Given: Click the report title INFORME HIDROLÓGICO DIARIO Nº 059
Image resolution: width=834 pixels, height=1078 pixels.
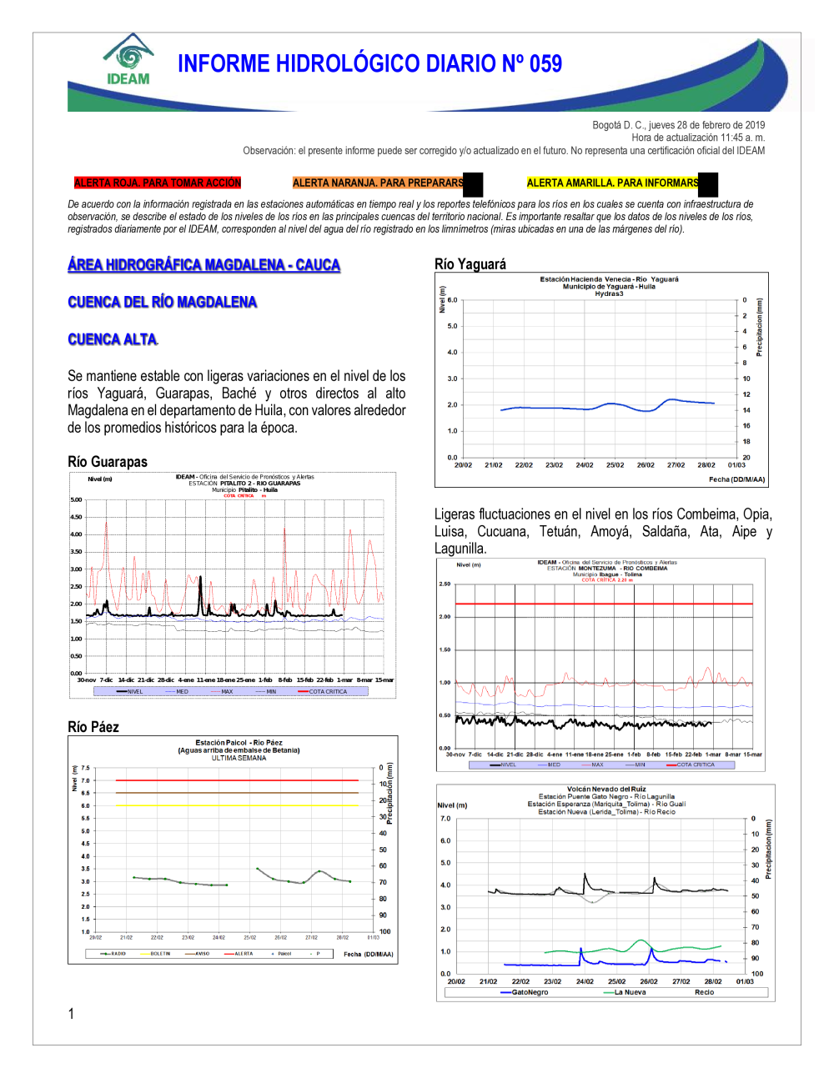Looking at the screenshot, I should [369, 64].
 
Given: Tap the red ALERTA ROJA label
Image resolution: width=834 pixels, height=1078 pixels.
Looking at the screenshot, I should [157, 183].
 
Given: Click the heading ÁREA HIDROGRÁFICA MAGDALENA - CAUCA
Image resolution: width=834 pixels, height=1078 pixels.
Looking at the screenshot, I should [204, 265].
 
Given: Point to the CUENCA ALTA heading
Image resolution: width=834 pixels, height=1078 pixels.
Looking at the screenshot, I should [113, 339].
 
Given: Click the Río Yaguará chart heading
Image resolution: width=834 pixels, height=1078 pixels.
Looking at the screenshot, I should [470, 264].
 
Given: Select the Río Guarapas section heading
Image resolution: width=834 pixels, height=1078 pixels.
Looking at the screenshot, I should [108, 462].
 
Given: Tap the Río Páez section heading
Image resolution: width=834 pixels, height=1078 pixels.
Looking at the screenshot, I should [93, 727].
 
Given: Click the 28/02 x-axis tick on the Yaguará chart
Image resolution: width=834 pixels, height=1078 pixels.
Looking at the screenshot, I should [706, 465].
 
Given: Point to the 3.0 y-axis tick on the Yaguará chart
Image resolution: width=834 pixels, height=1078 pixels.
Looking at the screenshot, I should [452, 379].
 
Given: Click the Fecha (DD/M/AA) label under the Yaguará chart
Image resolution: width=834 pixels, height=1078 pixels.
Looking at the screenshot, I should [736, 479].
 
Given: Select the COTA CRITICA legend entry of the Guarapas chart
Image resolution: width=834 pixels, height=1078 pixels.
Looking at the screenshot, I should [327, 692].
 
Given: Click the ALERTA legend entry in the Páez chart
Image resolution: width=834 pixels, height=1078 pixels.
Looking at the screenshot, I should [243, 954].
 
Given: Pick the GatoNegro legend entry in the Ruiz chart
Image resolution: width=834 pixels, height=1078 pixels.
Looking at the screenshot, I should [530, 993].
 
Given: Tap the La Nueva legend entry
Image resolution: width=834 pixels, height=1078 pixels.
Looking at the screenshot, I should [630, 993].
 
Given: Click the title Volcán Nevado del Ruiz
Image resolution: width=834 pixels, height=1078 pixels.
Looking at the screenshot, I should [606, 790].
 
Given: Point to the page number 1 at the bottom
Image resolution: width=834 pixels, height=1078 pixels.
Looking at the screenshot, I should [71, 1014].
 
